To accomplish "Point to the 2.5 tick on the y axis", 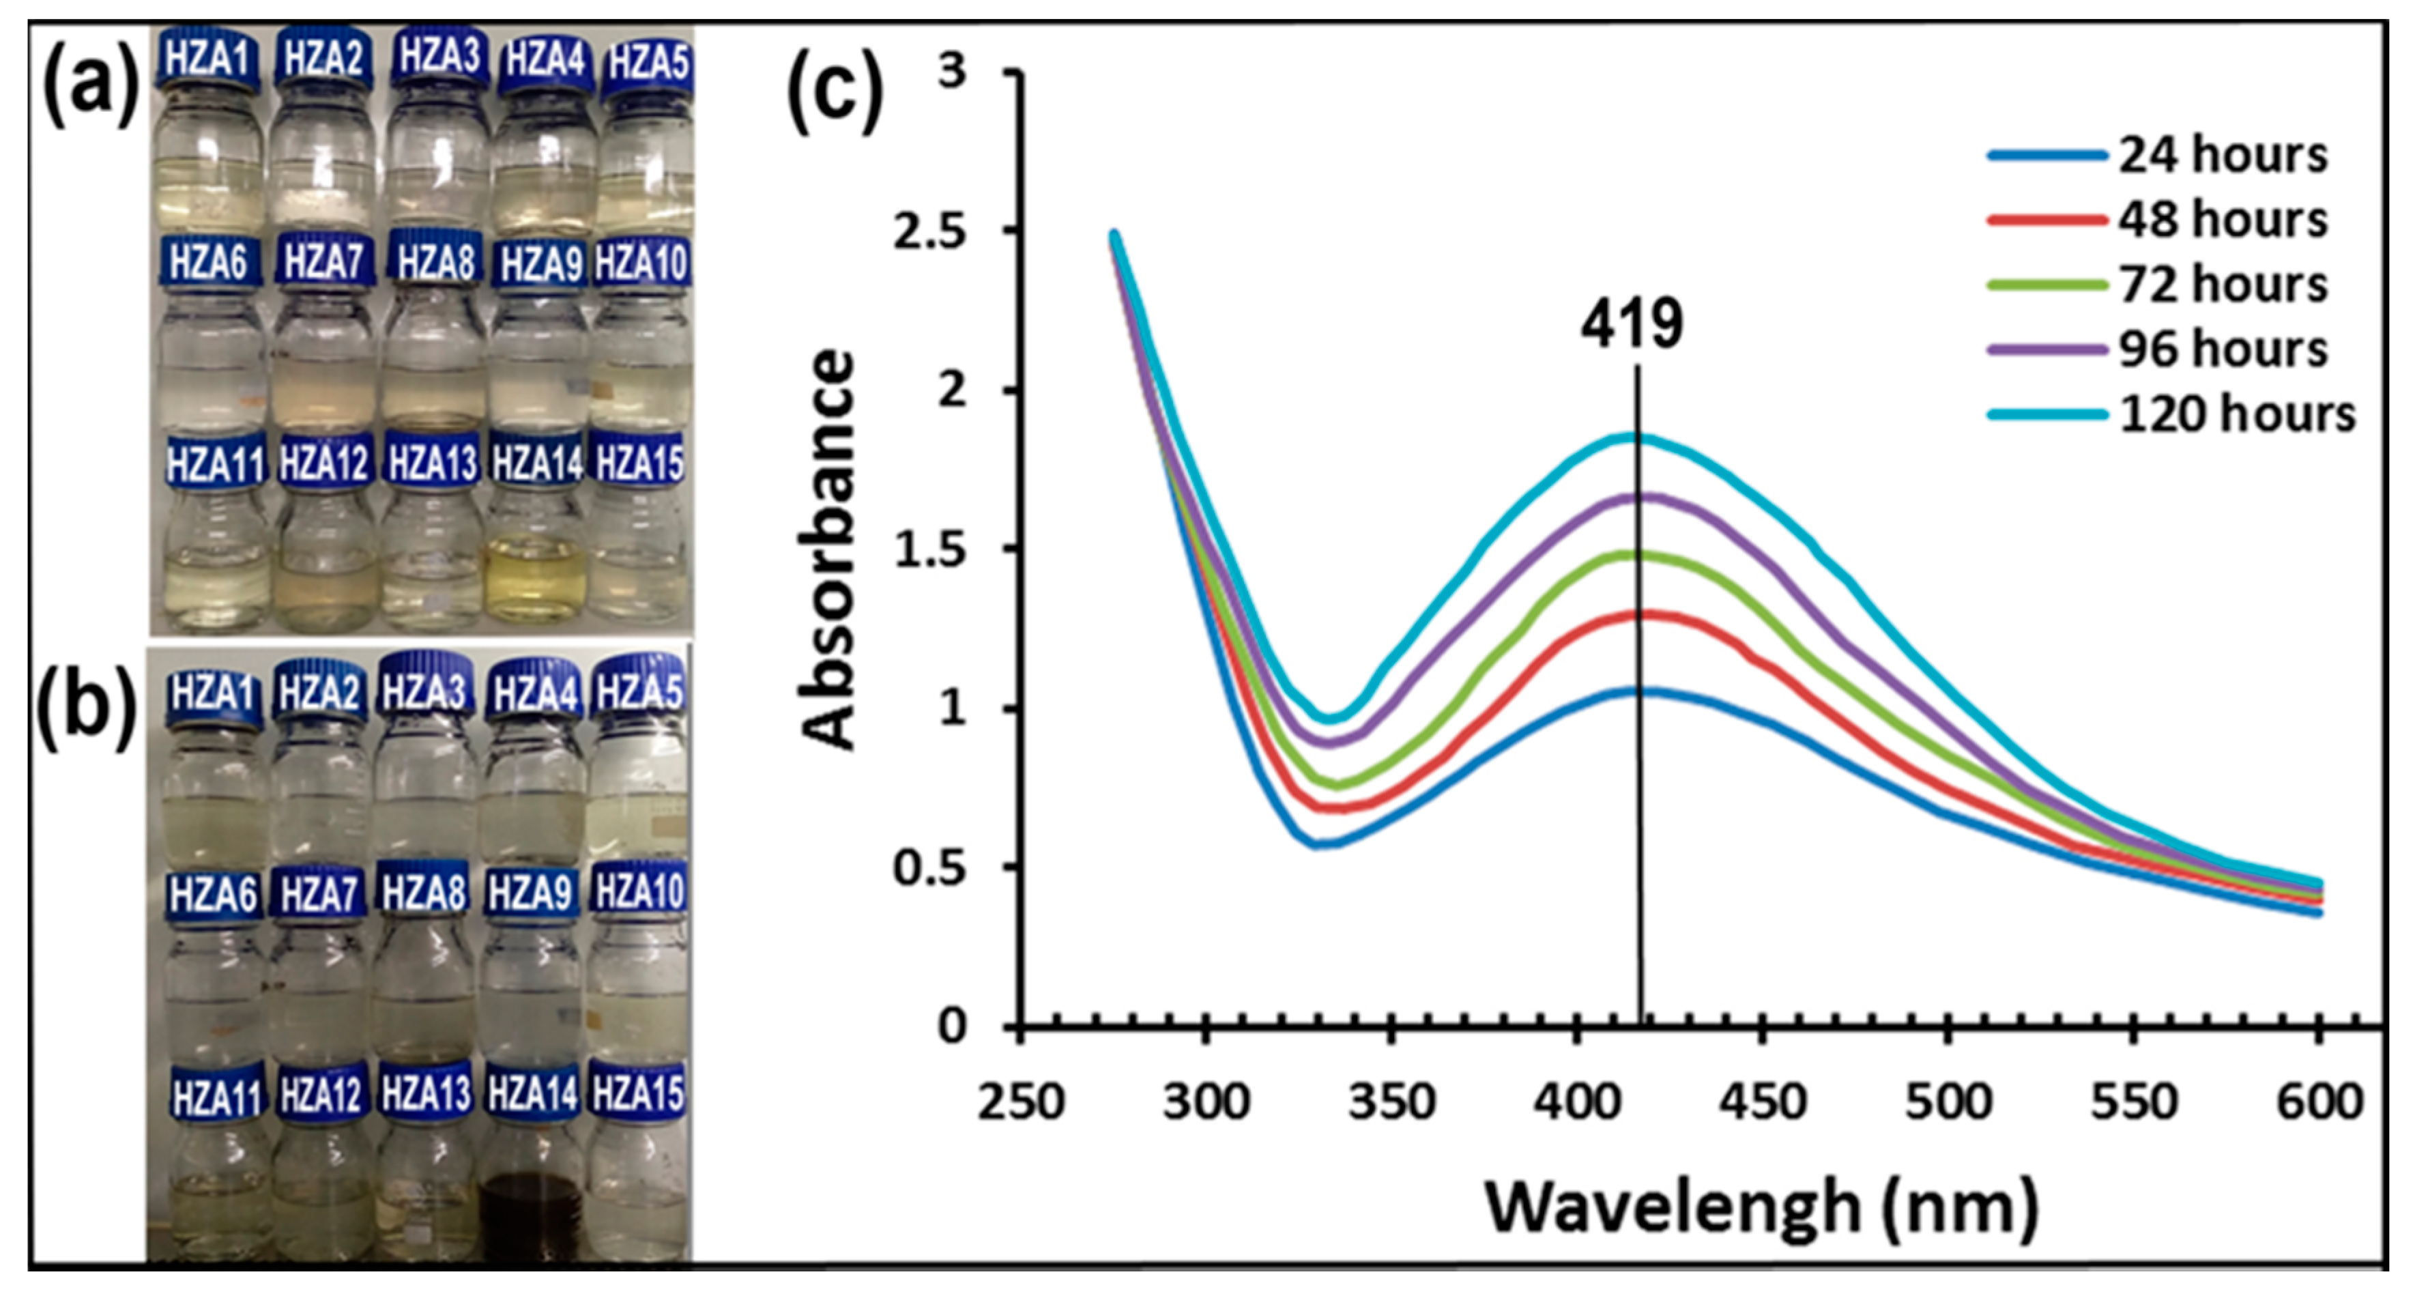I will coord(929,231).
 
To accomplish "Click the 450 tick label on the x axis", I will coord(1763,1102).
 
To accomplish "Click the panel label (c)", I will coord(835,91).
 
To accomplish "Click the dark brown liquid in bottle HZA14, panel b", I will coord(532,1214).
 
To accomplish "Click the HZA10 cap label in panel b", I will coord(640,890).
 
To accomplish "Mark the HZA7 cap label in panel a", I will coord(323,261).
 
